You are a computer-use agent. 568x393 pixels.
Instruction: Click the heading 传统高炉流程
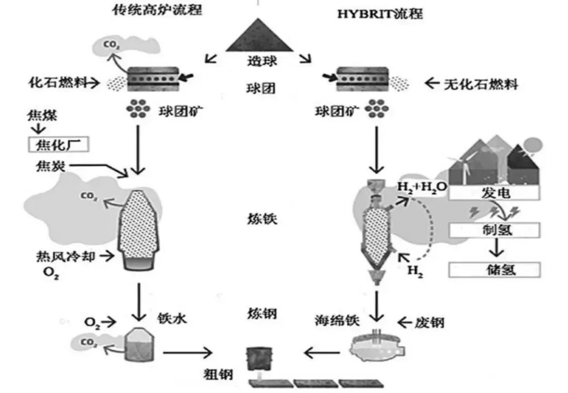point(158,10)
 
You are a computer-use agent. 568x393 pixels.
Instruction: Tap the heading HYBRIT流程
point(379,14)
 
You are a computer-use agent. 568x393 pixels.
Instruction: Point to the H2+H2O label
point(421,187)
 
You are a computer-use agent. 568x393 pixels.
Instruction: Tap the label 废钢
point(430,321)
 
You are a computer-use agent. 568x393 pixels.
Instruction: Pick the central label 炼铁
point(261,219)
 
